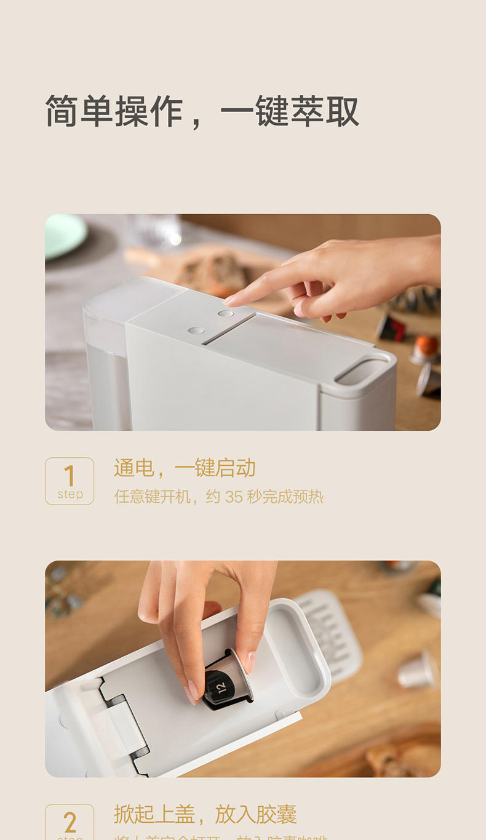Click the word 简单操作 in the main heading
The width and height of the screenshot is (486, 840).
click(114, 111)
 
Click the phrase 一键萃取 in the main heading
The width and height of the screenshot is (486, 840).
click(290, 111)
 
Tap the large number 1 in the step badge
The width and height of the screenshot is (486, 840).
click(70, 476)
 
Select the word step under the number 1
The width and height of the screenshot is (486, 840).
click(70, 494)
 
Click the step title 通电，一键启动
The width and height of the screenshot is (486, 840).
click(185, 468)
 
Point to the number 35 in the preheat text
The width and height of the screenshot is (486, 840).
click(234, 497)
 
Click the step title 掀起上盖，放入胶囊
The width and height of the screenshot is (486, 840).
click(205, 814)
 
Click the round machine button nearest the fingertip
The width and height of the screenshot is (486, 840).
click(226, 314)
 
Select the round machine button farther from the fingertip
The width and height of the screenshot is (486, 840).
click(196, 330)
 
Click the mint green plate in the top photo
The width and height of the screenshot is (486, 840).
click(64, 234)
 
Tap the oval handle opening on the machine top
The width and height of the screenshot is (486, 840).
click(362, 372)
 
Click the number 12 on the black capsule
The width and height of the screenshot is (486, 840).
click(221, 684)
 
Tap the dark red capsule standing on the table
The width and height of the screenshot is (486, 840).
click(392, 327)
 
